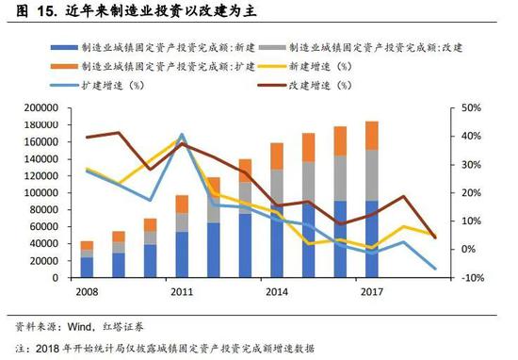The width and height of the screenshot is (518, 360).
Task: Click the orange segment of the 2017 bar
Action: [372, 136]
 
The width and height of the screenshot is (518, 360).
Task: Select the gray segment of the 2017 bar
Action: [372, 175]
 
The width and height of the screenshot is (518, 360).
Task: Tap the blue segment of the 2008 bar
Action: [87, 268]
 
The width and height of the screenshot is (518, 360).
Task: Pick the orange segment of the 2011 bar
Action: [182, 205]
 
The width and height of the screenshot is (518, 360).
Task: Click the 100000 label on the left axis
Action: [40, 193]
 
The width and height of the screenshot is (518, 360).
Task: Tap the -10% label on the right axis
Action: [473, 278]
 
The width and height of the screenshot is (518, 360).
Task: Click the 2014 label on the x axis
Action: [277, 292]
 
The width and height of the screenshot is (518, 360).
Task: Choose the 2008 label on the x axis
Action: [87, 292]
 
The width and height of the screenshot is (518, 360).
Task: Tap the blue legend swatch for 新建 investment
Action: [64, 48]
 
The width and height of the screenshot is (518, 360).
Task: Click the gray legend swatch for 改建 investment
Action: [272, 48]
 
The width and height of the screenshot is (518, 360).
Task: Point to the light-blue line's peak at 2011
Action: [182, 135]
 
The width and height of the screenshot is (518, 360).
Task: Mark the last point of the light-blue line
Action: [435, 269]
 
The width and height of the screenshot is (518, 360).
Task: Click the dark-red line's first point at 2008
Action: [87, 137]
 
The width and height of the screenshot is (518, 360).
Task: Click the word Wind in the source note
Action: [79, 327]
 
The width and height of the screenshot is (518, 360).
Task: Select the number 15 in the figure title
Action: [46, 11]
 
